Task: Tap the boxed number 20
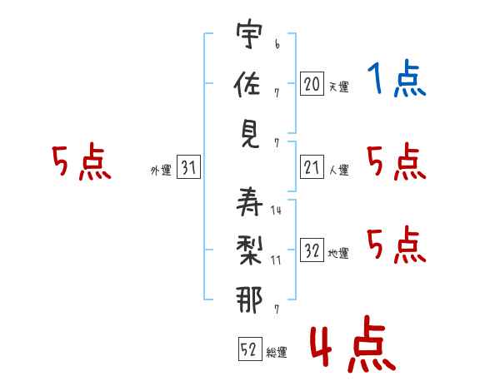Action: [312, 83]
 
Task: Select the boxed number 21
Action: [312, 168]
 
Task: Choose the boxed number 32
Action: [312, 250]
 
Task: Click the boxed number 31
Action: [187, 168]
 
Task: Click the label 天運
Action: [338, 87]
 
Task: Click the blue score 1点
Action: [397, 80]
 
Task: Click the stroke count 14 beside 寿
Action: [277, 210]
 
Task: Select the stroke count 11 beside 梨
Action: [276, 260]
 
